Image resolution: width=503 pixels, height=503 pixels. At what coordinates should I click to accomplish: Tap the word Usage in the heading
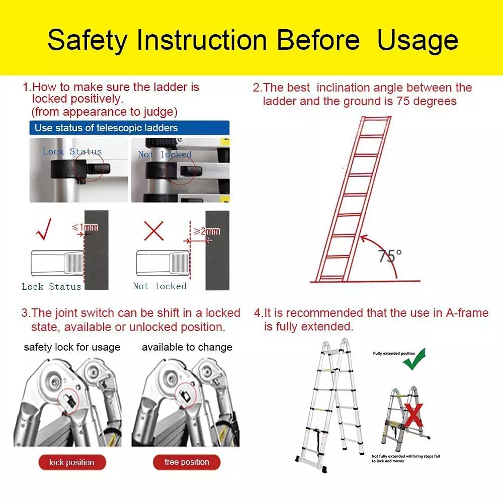[x=417, y=40]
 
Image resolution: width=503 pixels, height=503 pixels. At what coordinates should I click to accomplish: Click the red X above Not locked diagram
[x=154, y=230]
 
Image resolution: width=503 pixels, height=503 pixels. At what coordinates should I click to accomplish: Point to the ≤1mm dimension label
[x=86, y=228]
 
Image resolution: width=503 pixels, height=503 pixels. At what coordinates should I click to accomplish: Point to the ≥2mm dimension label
[x=207, y=231]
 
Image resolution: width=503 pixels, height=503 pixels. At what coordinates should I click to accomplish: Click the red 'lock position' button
[x=72, y=462]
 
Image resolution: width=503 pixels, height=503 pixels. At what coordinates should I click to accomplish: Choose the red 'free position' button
[x=187, y=462]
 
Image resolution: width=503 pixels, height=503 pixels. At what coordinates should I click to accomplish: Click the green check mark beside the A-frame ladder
[x=414, y=359]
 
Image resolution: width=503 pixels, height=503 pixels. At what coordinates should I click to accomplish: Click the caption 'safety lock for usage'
[x=72, y=347]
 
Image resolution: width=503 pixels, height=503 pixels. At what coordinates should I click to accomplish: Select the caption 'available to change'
[x=187, y=347]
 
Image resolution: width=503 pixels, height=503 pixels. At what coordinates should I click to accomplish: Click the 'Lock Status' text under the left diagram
[x=51, y=287]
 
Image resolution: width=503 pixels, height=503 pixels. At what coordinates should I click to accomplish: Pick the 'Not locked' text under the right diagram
[x=159, y=286]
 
